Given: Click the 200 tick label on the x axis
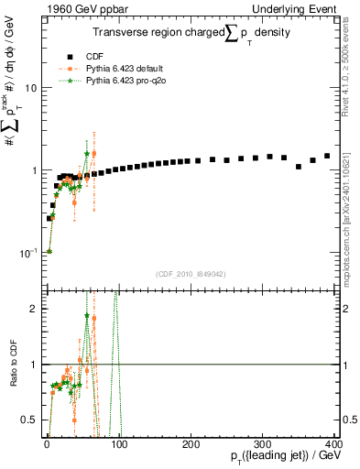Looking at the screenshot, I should pos(190,444).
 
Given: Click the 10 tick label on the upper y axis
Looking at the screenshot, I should pos(31,88).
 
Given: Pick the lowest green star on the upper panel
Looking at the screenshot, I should pos(49,251).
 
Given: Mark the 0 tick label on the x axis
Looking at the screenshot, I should pos(47,444).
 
